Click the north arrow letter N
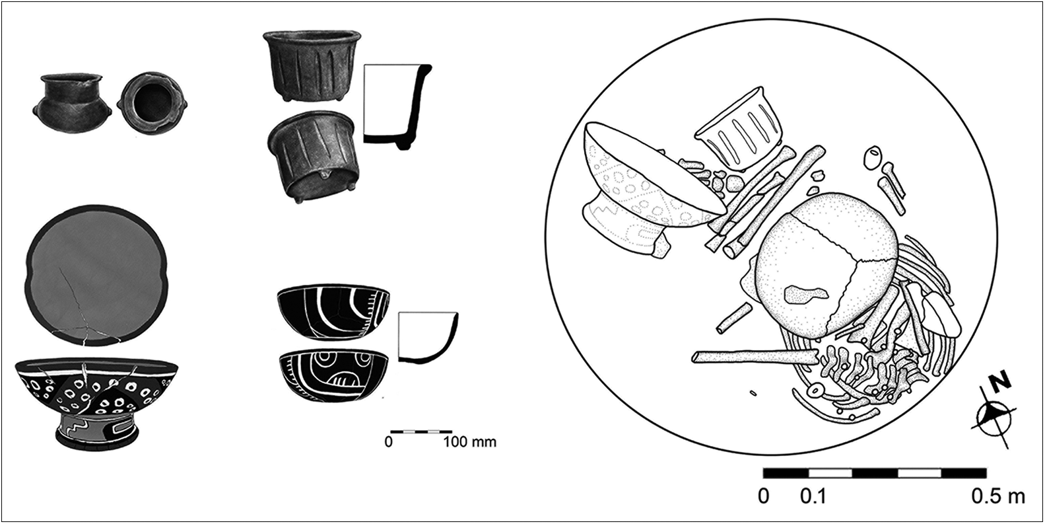pyautogui.click(x=1001, y=382)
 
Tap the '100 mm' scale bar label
pyautogui.click(x=469, y=441)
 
